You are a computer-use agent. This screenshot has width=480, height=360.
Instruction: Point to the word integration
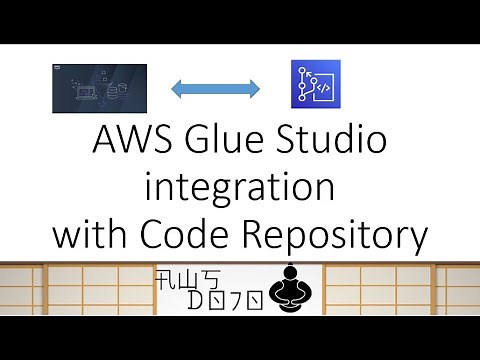pos(239,189)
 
